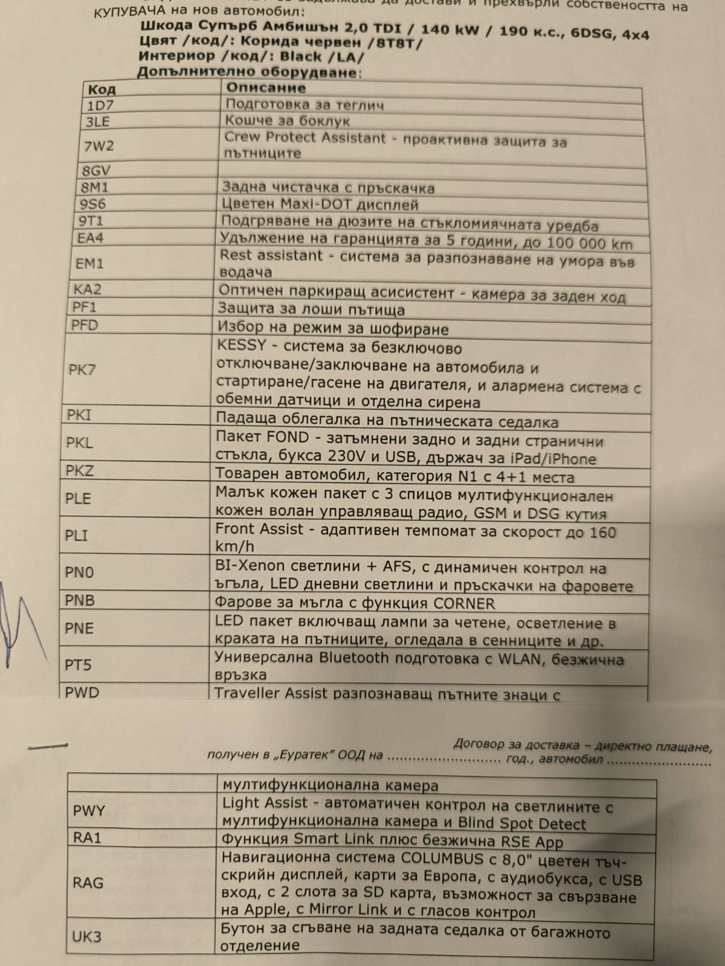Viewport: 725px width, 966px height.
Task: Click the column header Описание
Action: pyautogui.click(x=266, y=88)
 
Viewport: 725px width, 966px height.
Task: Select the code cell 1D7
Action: pyautogui.click(x=100, y=105)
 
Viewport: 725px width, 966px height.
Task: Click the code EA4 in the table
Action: pyautogui.click(x=90, y=238)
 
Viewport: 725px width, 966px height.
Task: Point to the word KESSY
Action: pyautogui.click(x=241, y=346)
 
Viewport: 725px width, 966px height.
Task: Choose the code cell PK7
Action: pyautogui.click(x=82, y=369)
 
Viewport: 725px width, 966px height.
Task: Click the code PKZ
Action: pyautogui.click(x=80, y=470)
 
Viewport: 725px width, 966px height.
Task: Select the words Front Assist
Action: pyautogui.click(x=259, y=529)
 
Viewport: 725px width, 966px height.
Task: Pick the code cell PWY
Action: pyautogui.click(x=89, y=811)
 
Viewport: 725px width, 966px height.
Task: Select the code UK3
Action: pyautogui.click(x=87, y=936)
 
